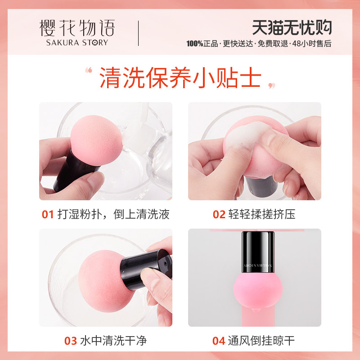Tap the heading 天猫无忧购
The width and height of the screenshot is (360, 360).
click(292, 28)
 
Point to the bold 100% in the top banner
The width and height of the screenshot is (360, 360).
click(195, 44)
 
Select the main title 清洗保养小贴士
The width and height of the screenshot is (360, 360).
click(180, 77)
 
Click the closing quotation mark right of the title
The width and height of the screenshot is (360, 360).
click(271, 85)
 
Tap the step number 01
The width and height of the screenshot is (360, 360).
click(48, 215)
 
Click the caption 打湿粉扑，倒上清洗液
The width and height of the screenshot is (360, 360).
click(113, 215)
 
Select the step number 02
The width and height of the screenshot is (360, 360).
click(219, 215)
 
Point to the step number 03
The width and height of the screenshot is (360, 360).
click(70, 341)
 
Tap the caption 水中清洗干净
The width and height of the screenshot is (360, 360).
click(113, 341)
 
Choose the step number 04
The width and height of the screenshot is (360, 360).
click(219, 341)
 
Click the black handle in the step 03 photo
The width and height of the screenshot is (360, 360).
click(144, 270)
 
